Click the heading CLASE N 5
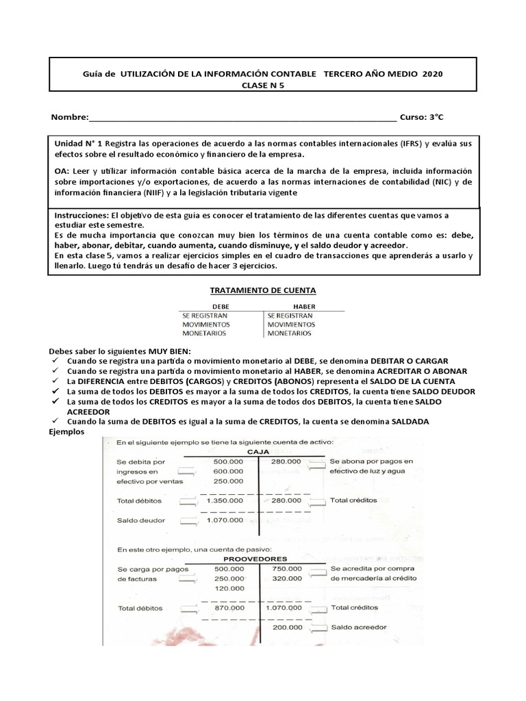[x=262, y=85]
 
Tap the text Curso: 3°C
[x=422, y=117]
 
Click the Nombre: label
[x=70, y=117]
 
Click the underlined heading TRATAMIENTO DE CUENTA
[x=262, y=290]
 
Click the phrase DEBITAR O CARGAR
[x=410, y=360]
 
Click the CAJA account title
[x=258, y=452]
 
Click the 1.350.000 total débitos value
[x=224, y=501]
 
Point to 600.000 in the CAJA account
[x=228, y=472]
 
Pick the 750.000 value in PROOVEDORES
[x=286, y=568]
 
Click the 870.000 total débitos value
[x=228, y=607]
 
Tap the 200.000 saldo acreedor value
[x=286, y=627]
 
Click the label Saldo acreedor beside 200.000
[x=358, y=627]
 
